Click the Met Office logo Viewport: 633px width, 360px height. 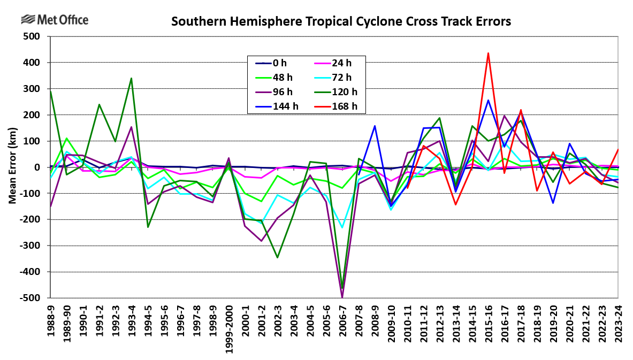coord(55,20)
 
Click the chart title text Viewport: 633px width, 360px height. coord(341,22)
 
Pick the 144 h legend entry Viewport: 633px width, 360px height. coord(276,106)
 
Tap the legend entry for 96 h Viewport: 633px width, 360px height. coord(276,91)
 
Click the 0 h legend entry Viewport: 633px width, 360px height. coord(276,63)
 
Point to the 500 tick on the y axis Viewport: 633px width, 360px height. coord(33,36)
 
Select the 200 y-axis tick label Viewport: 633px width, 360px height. coord(33,115)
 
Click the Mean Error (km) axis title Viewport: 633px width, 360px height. coord(12,167)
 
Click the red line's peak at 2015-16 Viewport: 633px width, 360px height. coord(488,53)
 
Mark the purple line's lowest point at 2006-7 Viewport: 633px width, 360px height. coord(342,297)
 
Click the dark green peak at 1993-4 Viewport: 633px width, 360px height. coord(132,78)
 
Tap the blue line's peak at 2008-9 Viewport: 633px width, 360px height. coord(375,126)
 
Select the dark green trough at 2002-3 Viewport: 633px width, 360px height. coord(278,258)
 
